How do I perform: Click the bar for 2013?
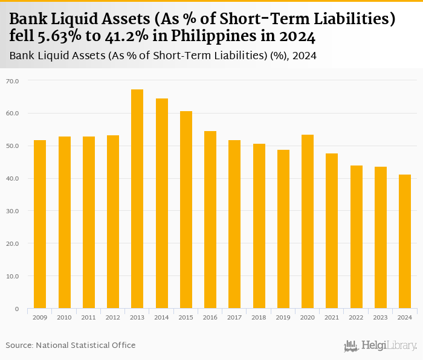(x=137, y=199)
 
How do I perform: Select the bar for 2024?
(x=405, y=242)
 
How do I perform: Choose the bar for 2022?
(x=356, y=237)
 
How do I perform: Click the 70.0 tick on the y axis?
(x=13, y=80)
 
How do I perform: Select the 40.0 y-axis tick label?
(x=13, y=178)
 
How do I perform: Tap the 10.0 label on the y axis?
(x=13, y=276)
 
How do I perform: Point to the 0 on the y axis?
(x=16, y=309)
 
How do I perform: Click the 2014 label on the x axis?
(x=161, y=317)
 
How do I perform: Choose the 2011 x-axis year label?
(x=89, y=317)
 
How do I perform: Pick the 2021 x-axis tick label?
(x=332, y=317)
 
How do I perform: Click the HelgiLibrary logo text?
(x=389, y=346)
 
